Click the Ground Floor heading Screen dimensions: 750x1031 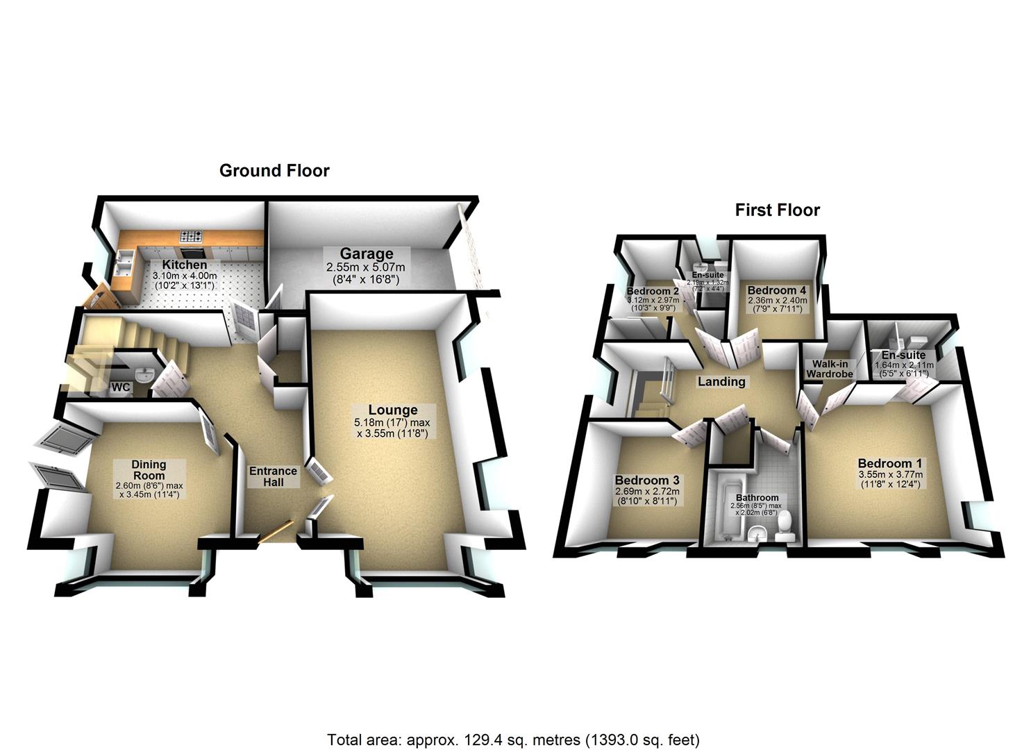(274, 171)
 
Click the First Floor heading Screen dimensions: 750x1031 (777, 210)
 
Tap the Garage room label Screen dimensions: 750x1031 (366, 254)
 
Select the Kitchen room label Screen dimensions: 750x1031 (185, 265)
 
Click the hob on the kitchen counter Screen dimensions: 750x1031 (192, 237)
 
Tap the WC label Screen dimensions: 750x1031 (121, 387)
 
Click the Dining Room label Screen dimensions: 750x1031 (149, 470)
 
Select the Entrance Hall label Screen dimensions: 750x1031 (273, 476)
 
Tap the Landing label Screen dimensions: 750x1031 (721, 381)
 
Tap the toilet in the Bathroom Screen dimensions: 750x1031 (785, 528)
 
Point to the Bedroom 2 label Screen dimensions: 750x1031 (652, 291)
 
